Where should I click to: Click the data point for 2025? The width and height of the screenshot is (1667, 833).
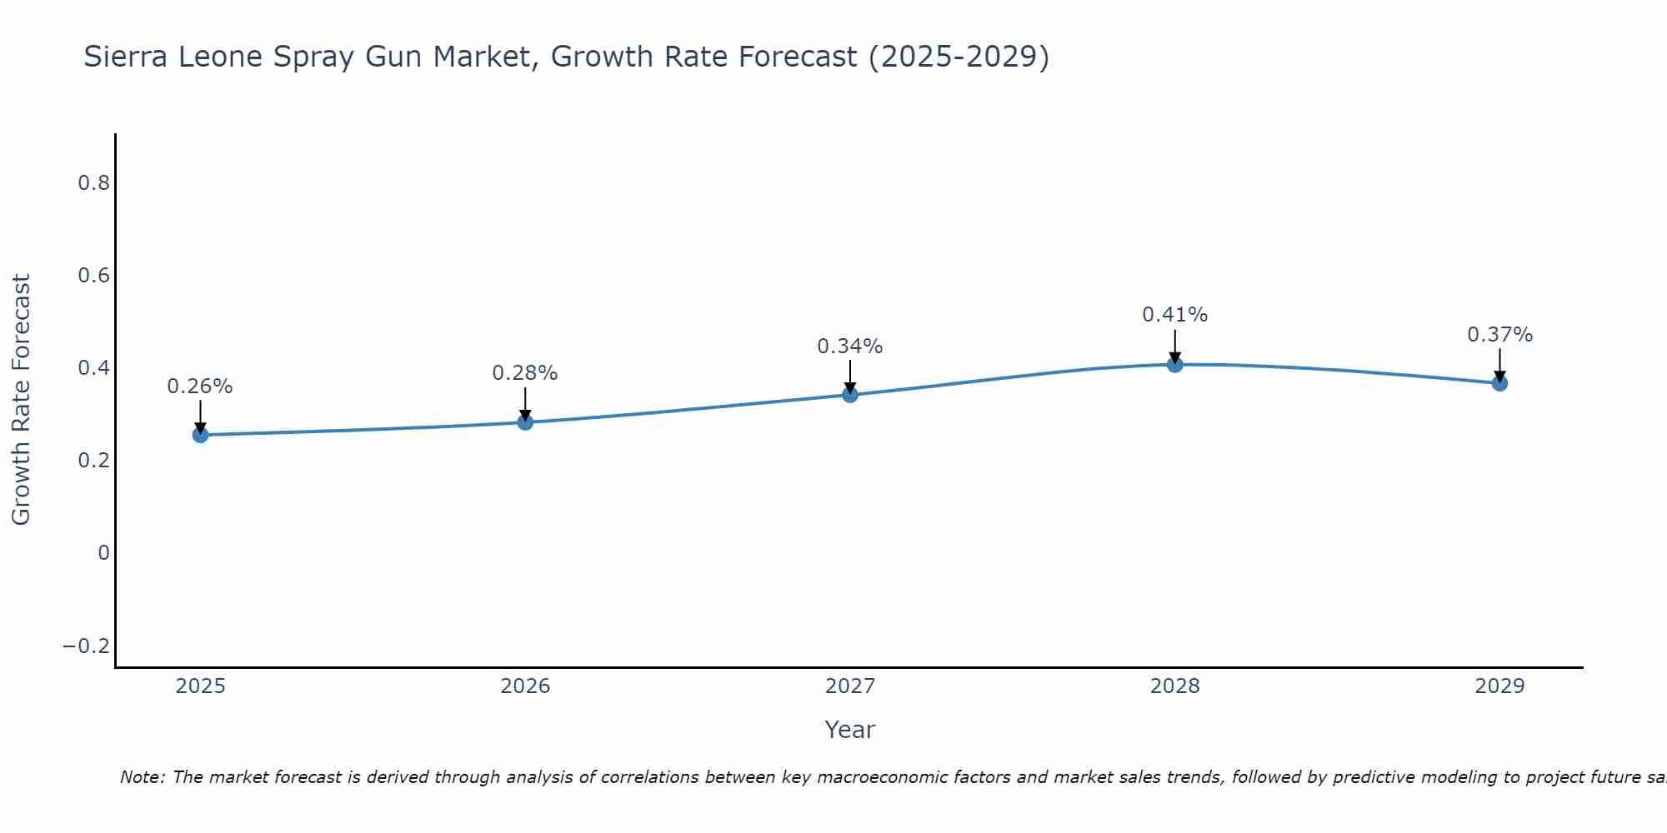click(x=200, y=435)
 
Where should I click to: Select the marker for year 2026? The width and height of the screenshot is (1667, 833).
click(x=525, y=422)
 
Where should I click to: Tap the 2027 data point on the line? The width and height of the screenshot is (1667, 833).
click(x=850, y=395)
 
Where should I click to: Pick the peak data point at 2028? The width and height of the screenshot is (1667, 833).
click(x=1175, y=364)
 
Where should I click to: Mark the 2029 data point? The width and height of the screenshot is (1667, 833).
click(x=1499, y=383)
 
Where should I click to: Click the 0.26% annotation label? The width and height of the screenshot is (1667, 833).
click(x=200, y=387)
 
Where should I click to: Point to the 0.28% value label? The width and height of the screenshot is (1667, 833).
click(x=525, y=373)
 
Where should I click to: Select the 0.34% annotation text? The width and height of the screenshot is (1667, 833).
click(x=850, y=347)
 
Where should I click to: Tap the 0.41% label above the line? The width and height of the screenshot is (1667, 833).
click(x=1175, y=315)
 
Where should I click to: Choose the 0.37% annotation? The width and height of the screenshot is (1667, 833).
click(x=1499, y=335)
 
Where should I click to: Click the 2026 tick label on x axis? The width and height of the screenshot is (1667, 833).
click(x=525, y=686)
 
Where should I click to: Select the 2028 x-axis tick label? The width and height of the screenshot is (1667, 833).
click(x=1175, y=686)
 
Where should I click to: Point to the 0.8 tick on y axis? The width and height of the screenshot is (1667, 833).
click(x=94, y=183)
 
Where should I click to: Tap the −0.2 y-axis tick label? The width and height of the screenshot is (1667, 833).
click(x=87, y=646)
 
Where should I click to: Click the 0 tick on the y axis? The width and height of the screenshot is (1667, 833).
click(x=103, y=553)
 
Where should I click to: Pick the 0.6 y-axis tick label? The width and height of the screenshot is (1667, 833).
click(x=94, y=276)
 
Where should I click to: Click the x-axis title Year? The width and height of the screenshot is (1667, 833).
click(x=850, y=731)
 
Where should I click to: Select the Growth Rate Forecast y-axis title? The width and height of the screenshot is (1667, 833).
click(x=22, y=400)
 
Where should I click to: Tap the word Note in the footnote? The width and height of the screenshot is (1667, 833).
click(x=142, y=778)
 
